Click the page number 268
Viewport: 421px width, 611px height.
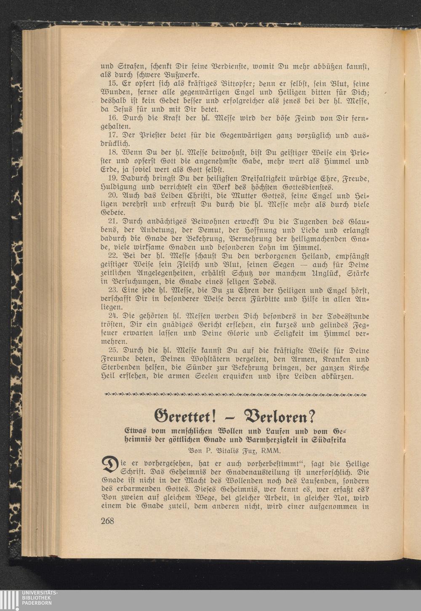(x=107, y=521)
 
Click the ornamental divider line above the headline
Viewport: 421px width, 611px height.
(x=235, y=395)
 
